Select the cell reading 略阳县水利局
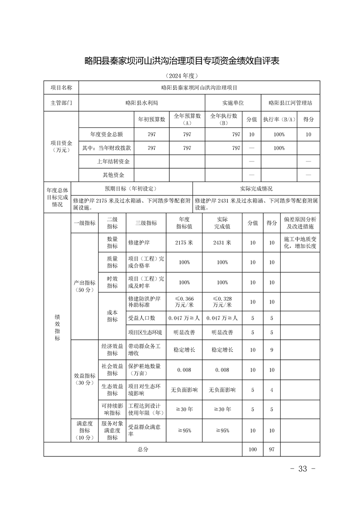142,103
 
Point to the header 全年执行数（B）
223,119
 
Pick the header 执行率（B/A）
279,119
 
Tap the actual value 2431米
222,243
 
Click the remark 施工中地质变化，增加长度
300,243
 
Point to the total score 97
271,449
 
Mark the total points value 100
252,449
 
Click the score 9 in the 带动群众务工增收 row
271,350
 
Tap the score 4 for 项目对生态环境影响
271,390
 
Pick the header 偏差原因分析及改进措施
300,223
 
